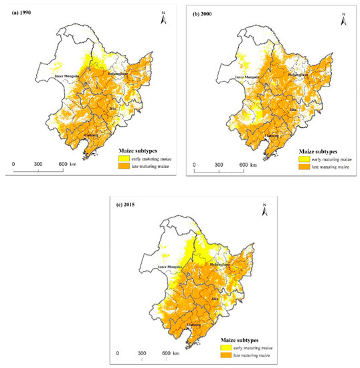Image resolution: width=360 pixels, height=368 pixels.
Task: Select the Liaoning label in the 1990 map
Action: [92, 136]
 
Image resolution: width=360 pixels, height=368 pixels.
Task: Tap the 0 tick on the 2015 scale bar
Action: [118, 353]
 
